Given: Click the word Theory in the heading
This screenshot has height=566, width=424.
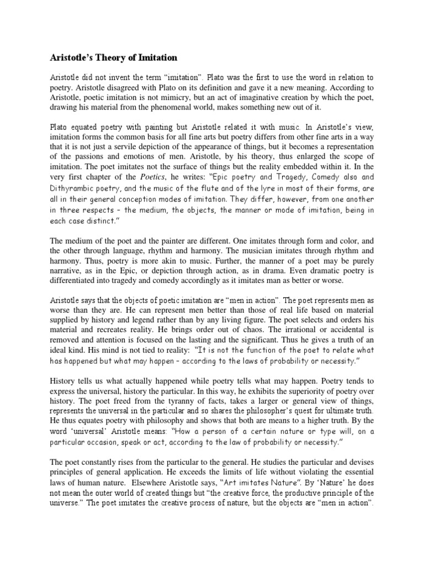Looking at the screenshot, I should click(107, 57).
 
